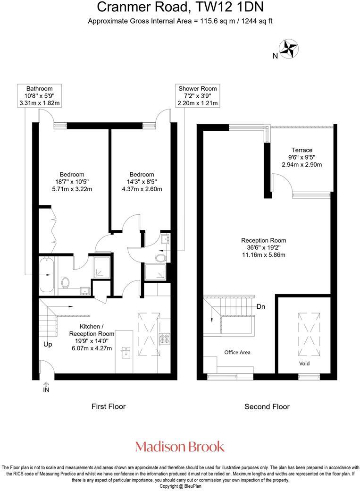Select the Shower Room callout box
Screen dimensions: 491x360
click(x=197, y=95)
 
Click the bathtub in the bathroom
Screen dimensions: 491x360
click(x=46, y=274)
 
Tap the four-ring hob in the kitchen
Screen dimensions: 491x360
click(x=165, y=338)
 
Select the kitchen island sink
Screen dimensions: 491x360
click(x=126, y=350)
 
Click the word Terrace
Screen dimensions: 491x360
click(x=301, y=150)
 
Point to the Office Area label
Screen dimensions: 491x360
click(x=237, y=352)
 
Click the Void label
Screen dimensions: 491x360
click(x=304, y=364)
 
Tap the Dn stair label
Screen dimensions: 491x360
click(x=261, y=306)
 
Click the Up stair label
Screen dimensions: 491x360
click(x=48, y=344)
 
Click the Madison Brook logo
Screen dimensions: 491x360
click(x=180, y=446)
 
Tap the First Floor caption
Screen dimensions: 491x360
click(x=109, y=406)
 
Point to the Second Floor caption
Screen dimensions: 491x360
click(x=267, y=406)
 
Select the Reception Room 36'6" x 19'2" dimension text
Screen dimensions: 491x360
click(x=263, y=248)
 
